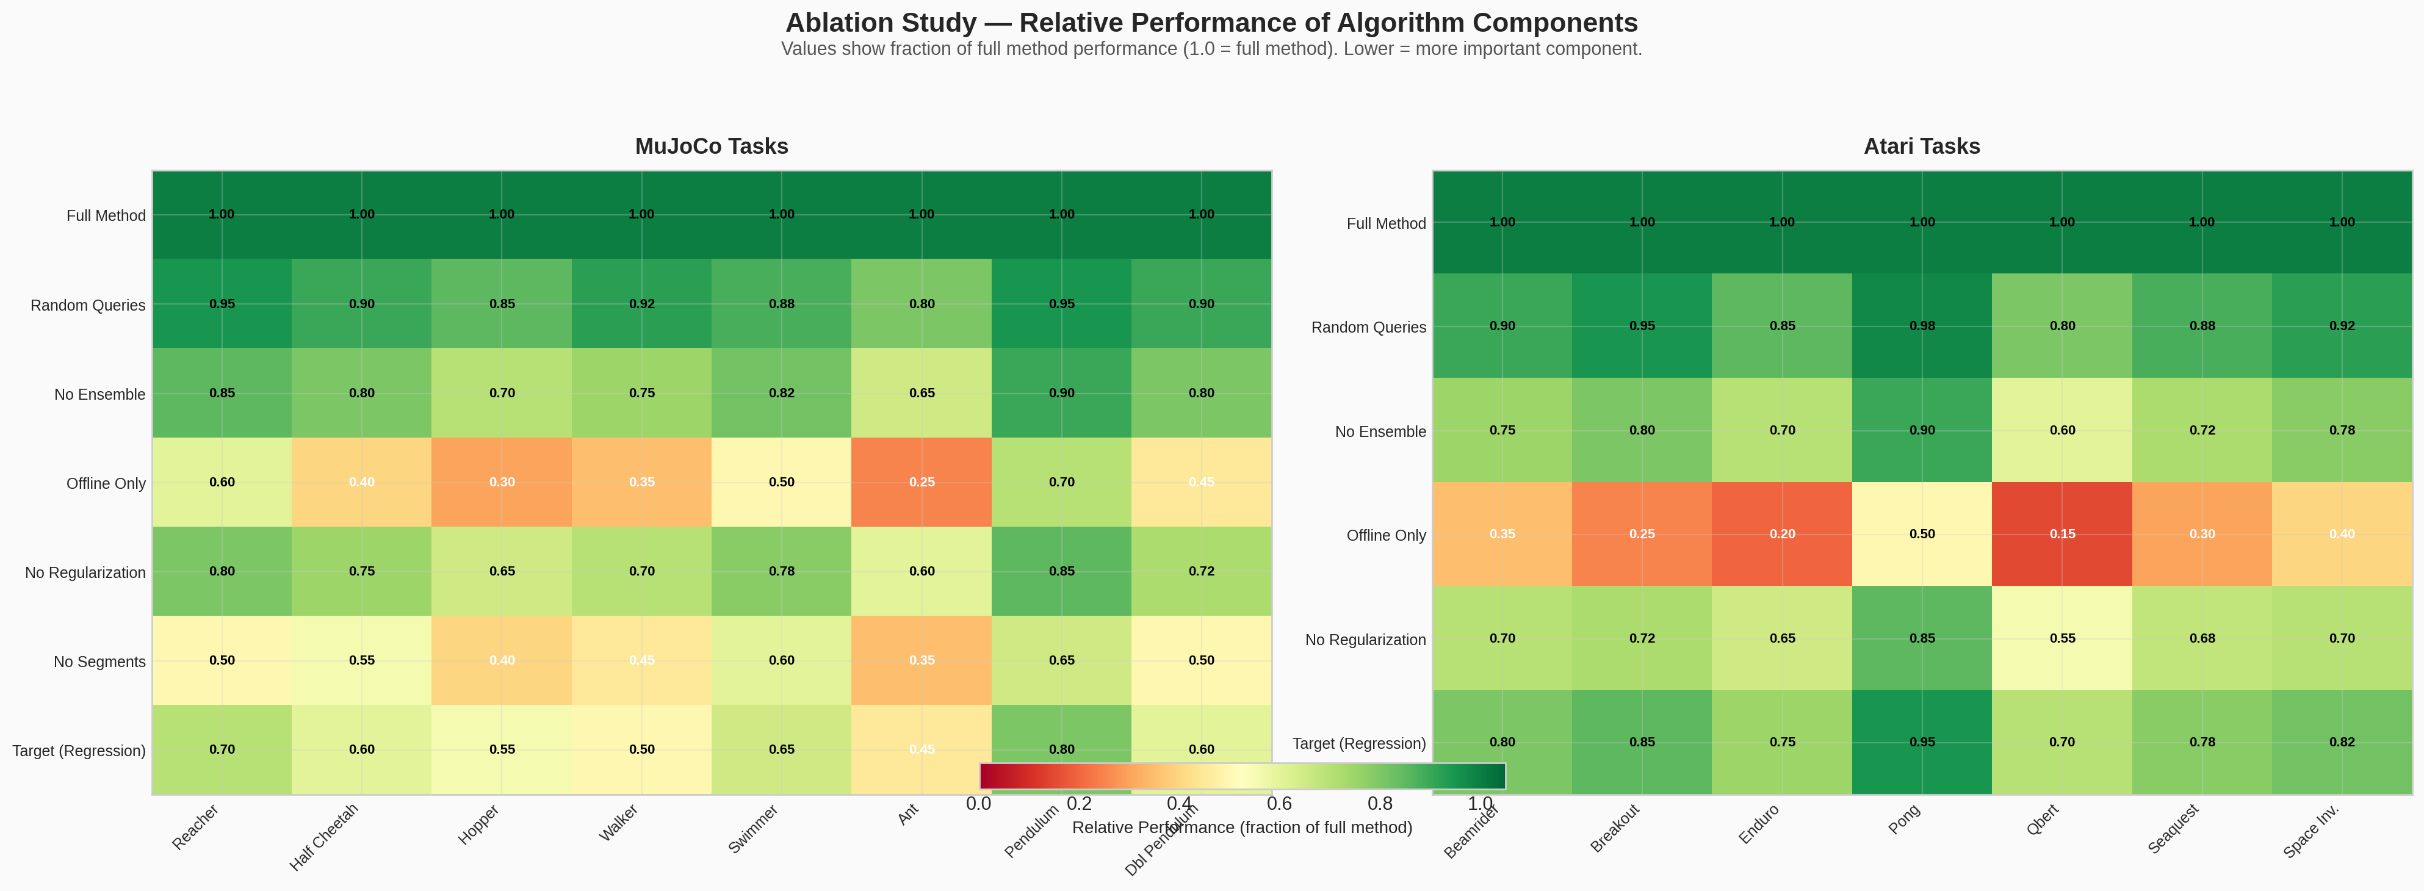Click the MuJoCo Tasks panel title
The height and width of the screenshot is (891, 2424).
click(x=712, y=147)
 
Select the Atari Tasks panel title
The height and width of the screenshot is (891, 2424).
click(x=1922, y=147)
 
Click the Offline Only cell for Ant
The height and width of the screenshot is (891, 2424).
click(x=922, y=482)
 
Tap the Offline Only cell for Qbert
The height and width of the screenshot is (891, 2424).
click(x=2061, y=533)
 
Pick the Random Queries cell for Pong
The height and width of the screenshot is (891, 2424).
click(x=1922, y=325)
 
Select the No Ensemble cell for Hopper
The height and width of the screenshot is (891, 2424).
click(x=502, y=392)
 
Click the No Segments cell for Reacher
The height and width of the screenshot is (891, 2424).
click(x=222, y=660)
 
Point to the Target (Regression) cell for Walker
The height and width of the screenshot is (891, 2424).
click(x=642, y=749)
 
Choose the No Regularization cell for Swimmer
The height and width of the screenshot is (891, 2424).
click(x=781, y=571)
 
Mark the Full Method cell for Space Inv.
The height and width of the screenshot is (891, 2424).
click(x=2341, y=222)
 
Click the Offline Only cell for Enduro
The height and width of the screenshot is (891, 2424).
click(x=1782, y=533)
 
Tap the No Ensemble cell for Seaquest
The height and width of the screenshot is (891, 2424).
click(x=2202, y=430)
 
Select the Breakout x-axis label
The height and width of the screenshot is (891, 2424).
click(x=1615, y=828)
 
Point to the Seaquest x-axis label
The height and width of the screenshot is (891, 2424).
click(x=2174, y=828)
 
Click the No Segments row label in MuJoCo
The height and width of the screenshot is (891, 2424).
click(x=99, y=662)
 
